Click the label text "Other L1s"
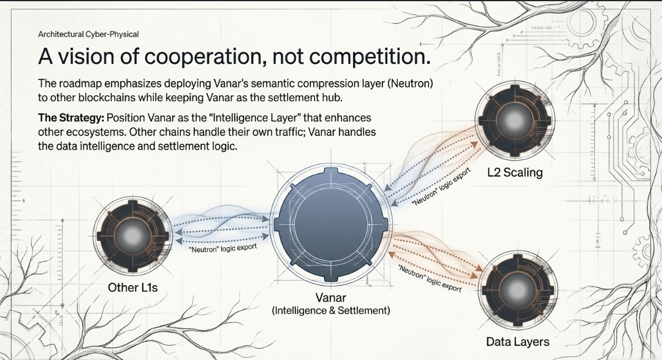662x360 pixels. pos(132,286)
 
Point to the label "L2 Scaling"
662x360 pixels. pos(515,172)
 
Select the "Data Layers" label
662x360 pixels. pos(517,341)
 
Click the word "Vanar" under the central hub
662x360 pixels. pos(330,298)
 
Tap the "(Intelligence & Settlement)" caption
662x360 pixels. pos(330,311)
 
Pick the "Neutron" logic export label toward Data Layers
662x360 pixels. pos(429,279)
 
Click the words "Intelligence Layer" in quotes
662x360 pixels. pos(221,117)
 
